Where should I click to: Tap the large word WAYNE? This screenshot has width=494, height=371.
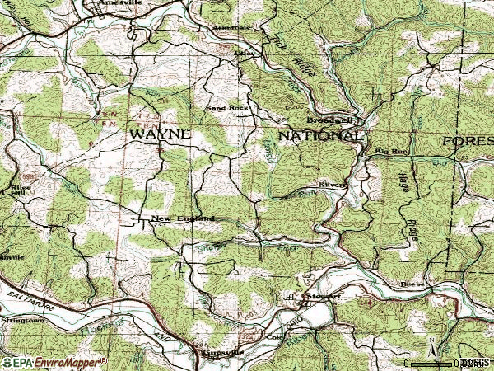(x=159, y=133)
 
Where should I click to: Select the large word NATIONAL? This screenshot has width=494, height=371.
(x=319, y=134)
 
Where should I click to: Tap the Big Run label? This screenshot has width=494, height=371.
(x=386, y=151)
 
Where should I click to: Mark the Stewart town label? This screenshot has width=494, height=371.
(x=323, y=294)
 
